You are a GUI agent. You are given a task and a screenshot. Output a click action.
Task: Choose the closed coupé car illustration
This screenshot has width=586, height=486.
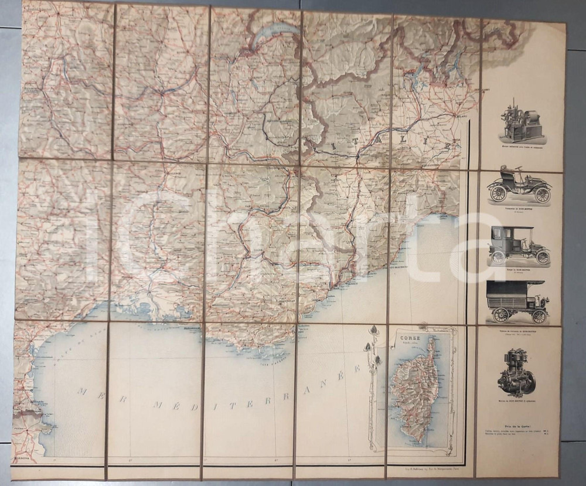coord(519,245)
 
